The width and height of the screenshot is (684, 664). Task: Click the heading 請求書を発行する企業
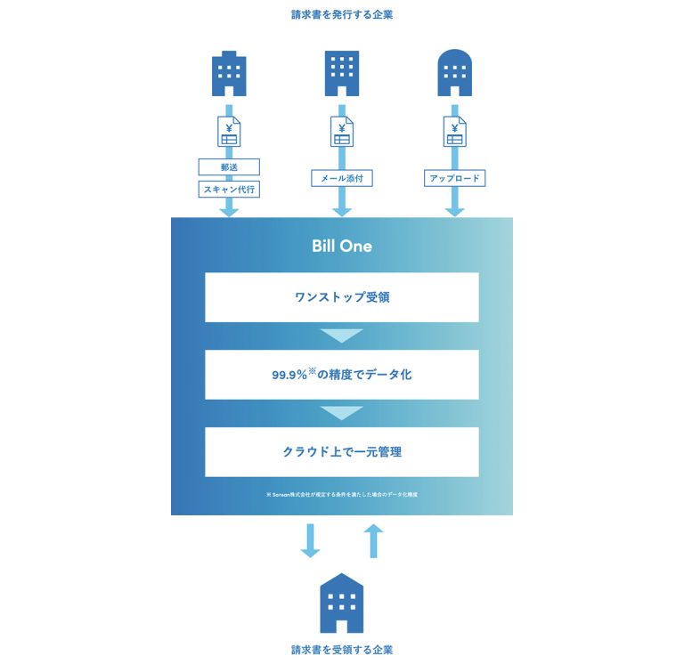(x=342, y=15)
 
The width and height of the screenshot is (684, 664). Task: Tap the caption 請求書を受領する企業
(x=342, y=649)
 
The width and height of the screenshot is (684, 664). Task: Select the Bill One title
(x=342, y=246)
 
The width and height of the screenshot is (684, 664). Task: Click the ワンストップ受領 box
(x=342, y=297)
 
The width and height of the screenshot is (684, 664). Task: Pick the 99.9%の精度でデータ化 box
(x=342, y=375)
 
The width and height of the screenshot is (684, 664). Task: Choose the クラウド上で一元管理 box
(x=342, y=451)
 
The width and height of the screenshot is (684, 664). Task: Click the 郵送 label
(x=229, y=166)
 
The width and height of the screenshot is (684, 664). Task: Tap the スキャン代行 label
(x=229, y=189)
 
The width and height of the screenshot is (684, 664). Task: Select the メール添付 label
(x=342, y=179)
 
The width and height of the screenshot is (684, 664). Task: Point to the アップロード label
(x=455, y=179)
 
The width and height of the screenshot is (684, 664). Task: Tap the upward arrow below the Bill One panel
(x=374, y=540)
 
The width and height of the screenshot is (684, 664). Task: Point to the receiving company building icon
(x=342, y=603)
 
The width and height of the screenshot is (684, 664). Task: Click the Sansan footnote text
(x=342, y=494)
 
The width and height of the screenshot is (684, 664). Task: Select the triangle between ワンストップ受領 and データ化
(x=342, y=336)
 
